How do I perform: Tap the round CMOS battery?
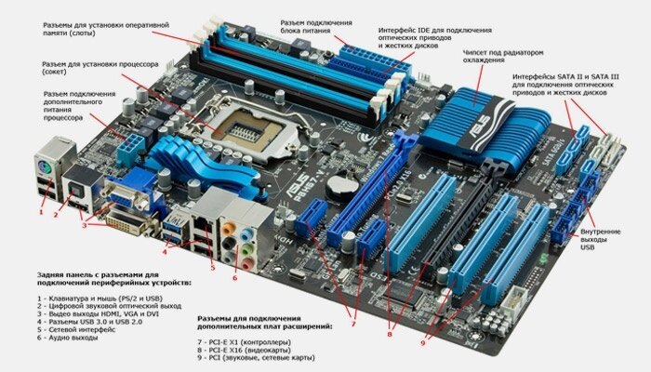coord(341,186)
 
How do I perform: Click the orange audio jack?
coord(228,229)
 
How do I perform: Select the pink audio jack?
coord(248,263)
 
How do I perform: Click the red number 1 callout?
coord(41,212)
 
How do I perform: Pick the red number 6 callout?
coord(234,278)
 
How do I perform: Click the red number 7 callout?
coord(353,324)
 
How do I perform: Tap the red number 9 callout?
coord(422,343)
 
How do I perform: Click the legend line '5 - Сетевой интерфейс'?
coord(76,329)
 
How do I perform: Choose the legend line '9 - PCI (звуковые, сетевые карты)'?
coord(256,357)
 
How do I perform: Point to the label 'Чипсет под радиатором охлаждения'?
coord(503,57)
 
